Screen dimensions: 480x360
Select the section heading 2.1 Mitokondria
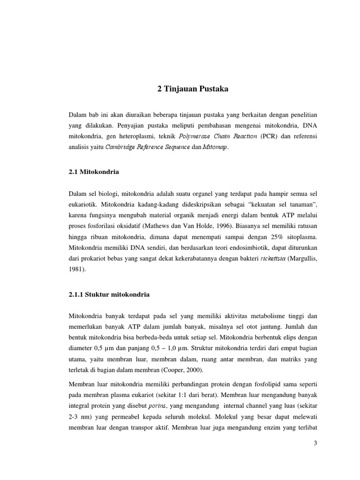pyautogui.click(x=93, y=172)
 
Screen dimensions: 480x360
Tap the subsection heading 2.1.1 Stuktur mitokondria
pyautogui.click(x=109, y=294)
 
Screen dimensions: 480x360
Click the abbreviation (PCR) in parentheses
pyautogui.click(x=267, y=136)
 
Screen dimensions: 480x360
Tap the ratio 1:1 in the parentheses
pyautogui.click(x=232, y=382)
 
